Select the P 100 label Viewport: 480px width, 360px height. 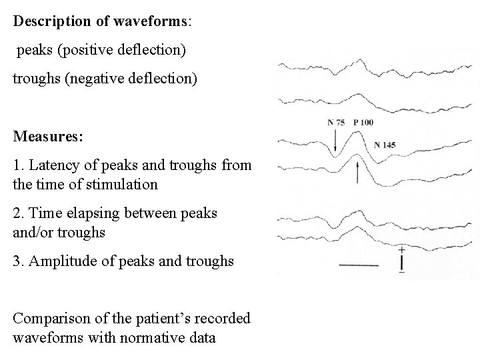363,123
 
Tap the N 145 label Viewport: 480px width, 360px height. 385,145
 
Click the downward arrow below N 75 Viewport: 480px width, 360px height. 335,141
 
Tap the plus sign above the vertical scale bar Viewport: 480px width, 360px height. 402,250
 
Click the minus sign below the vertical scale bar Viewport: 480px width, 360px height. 402,273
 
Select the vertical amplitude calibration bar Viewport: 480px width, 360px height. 402,261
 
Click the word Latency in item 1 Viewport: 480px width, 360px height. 53,165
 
